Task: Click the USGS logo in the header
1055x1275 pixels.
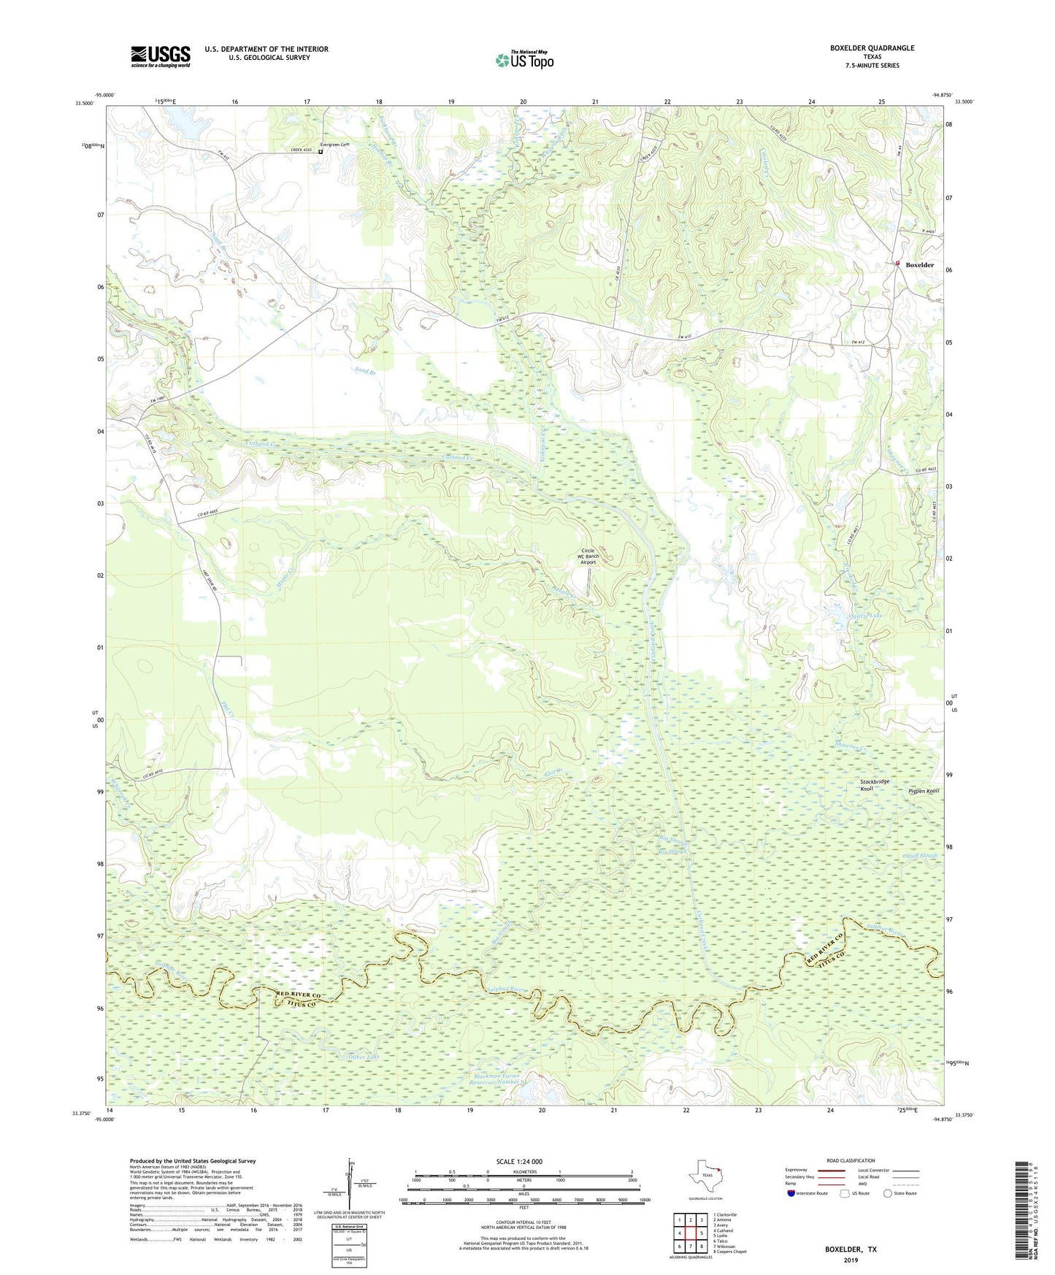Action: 161,55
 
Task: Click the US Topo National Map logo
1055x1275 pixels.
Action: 524,59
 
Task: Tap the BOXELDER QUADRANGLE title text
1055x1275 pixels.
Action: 872,48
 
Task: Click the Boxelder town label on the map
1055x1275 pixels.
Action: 919,265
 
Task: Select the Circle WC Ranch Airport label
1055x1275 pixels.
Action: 588,556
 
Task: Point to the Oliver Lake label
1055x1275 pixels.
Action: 363,1057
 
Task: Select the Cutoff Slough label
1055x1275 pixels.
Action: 919,856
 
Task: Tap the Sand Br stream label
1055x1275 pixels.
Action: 365,371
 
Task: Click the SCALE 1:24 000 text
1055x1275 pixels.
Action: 519,1161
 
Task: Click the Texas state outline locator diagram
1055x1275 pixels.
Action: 705,1176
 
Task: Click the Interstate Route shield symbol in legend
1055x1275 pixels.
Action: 791,1193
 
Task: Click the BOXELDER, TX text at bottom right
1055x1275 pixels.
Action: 851,1249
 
